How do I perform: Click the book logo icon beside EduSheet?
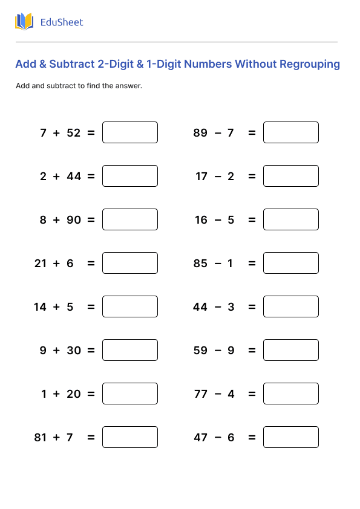[x=24, y=22]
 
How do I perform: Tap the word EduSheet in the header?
[x=61, y=22]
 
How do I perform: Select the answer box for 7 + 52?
[x=130, y=132]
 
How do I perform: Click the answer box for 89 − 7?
[x=291, y=132]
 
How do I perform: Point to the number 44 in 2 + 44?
[x=74, y=177]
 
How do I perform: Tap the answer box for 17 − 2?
[x=291, y=176]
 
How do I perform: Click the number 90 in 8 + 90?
[x=74, y=220]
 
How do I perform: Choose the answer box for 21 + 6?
[x=130, y=263]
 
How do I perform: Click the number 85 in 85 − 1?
[x=200, y=264]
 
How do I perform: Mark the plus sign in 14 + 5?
[x=56, y=307]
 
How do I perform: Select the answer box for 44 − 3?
[x=291, y=306]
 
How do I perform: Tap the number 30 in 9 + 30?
[x=74, y=351]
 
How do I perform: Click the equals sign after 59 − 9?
[x=252, y=351]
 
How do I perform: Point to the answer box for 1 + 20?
[x=130, y=394]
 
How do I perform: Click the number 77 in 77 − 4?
[x=200, y=394]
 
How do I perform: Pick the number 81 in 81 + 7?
[x=41, y=438]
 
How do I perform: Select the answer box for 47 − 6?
[x=291, y=437]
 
